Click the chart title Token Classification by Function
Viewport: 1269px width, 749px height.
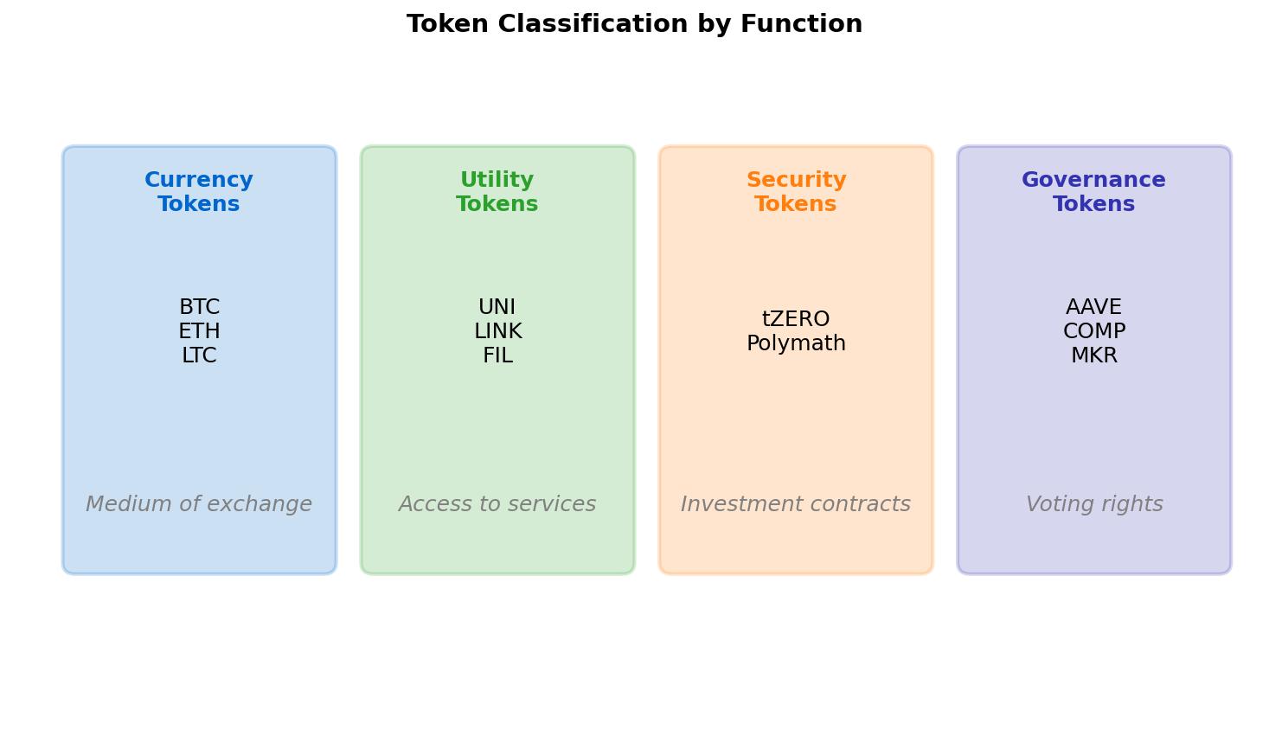coord(634,24)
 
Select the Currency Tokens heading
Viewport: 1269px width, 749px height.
coord(199,192)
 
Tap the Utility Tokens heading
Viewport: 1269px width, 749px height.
coord(497,192)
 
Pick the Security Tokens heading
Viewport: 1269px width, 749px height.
coord(796,192)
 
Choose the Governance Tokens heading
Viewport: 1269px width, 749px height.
coord(1094,192)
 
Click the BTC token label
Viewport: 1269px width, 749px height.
coord(199,308)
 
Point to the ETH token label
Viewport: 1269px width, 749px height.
coord(199,332)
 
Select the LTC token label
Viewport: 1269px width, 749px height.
coord(199,356)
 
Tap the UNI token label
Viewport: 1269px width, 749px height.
coord(497,308)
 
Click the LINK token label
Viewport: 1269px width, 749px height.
coord(497,332)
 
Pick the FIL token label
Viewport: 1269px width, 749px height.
coord(497,356)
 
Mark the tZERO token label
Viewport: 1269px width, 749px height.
coord(796,320)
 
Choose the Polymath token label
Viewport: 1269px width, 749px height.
coord(796,344)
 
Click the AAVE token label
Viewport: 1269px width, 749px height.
coord(1094,308)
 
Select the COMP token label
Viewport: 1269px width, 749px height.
coord(1094,332)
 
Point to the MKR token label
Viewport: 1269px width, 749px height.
coord(1094,356)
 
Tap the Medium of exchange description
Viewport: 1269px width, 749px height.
coord(199,505)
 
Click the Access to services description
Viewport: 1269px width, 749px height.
coord(497,505)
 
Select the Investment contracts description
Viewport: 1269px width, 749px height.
coord(796,505)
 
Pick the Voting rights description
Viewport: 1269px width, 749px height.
coord(1094,505)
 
